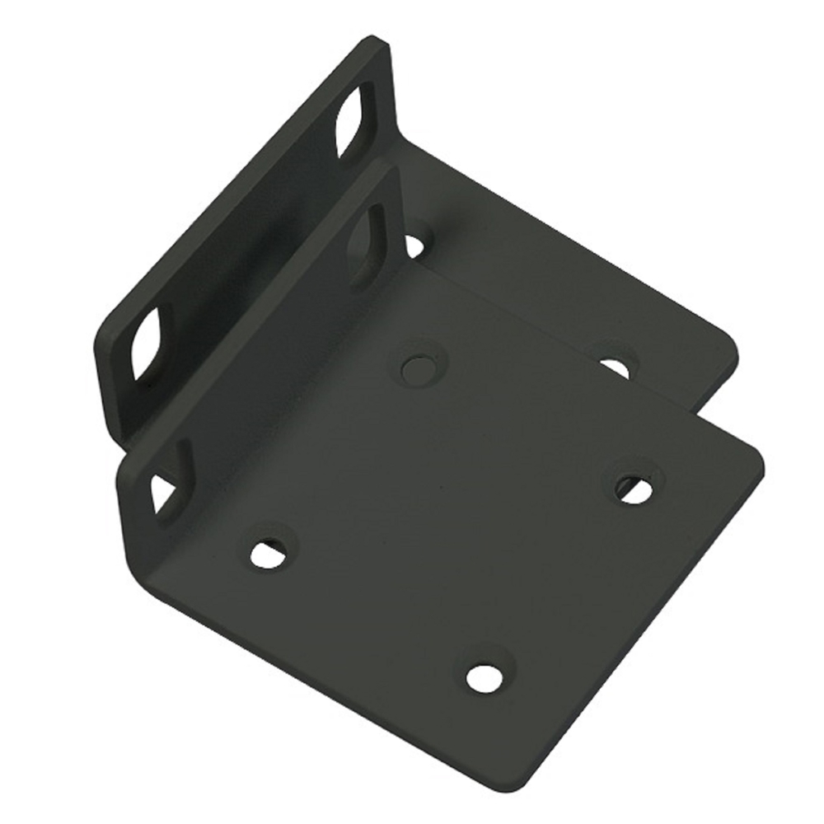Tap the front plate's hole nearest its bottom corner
coord(484,677)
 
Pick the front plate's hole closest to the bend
coord(269,553)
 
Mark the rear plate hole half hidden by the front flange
coord(414,244)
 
